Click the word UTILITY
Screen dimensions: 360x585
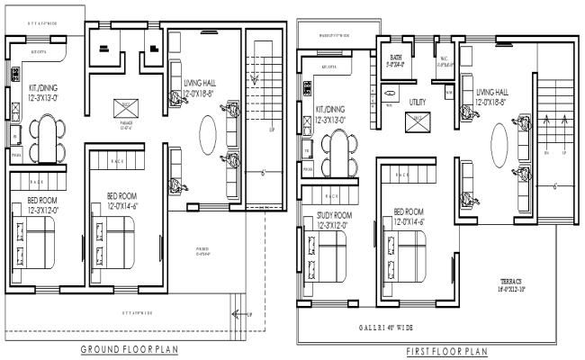coord(418,102)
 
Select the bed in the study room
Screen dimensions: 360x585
coord(328,262)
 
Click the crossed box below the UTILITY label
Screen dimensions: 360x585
coord(418,119)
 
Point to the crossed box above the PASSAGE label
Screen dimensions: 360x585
coord(123,106)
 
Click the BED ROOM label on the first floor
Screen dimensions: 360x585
coord(409,215)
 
